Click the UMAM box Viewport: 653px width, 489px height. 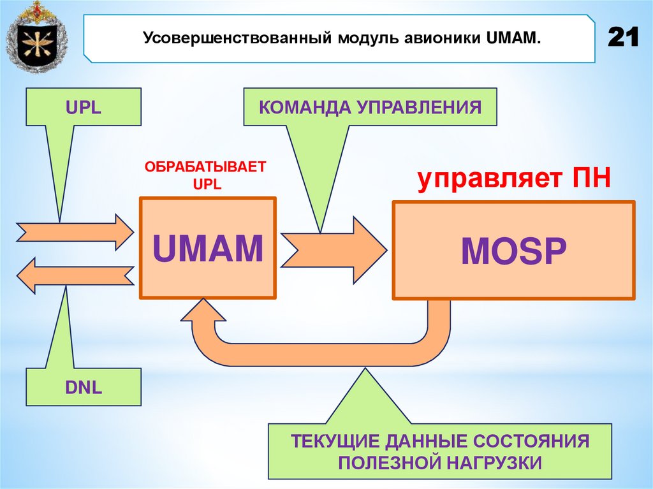coord(207,249)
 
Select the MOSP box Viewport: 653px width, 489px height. coord(513,251)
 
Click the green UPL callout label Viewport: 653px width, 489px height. coord(83,107)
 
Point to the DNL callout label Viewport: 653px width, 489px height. coord(83,387)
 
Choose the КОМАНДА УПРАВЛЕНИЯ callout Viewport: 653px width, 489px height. coord(370,106)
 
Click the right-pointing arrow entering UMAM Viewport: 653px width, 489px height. coord(75,232)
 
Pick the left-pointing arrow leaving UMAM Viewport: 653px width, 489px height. coord(75,275)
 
